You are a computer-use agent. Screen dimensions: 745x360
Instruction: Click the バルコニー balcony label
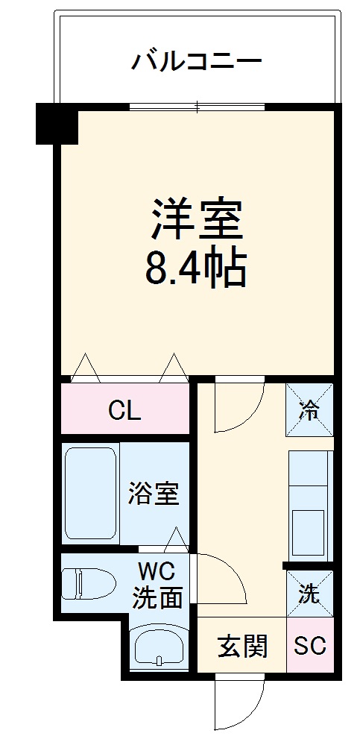tap(197, 60)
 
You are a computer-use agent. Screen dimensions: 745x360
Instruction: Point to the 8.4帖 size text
tap(195, 269)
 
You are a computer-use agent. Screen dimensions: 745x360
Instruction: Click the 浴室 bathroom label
tap(153, 494)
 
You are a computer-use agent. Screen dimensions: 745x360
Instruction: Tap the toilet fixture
tap(87, 583)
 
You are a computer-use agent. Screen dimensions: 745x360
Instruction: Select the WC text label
tap(156, 573)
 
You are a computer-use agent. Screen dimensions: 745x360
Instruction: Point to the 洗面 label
tap(157, 597)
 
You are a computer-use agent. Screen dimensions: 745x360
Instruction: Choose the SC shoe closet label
tap(309, 647)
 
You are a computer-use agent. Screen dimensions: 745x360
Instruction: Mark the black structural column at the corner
tap(57, 123)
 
